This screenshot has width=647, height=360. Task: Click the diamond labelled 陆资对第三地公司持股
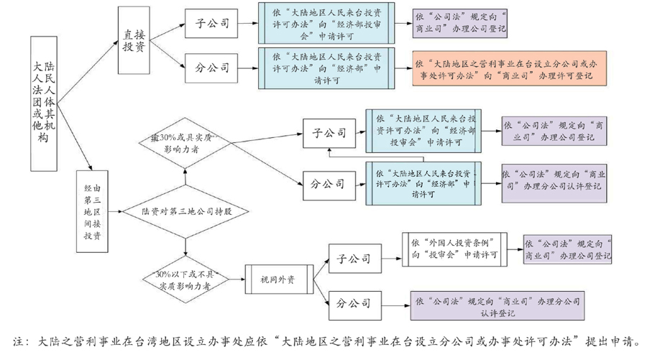(x=185, y=212)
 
